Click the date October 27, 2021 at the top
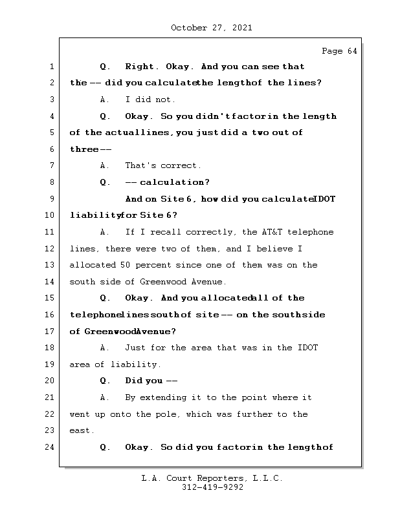211,28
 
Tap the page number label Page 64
339,51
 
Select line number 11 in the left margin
51,232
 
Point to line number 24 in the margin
51,447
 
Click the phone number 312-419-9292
213,489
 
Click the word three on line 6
83,149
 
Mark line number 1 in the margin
51,67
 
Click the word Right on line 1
139,67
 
